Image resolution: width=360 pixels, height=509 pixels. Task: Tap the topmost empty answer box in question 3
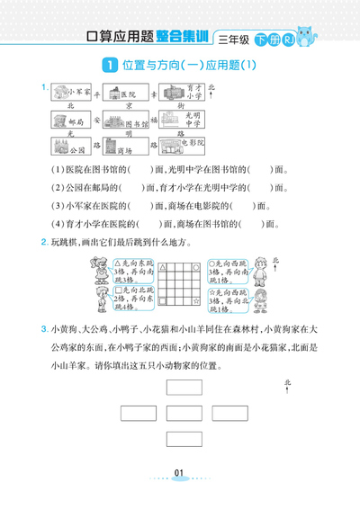pos(184,388)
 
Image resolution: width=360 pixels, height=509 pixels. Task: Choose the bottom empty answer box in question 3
pos(184,438)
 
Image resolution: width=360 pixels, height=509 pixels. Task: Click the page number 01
pos(179,475)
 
